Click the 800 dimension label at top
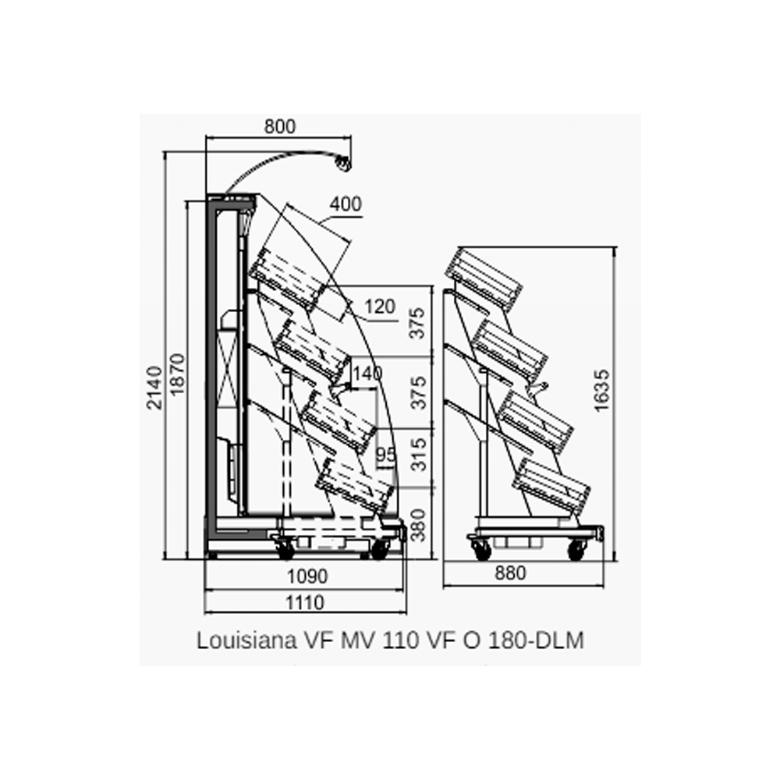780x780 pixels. tap(279, 127)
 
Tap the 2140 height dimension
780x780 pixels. tap(154, 388)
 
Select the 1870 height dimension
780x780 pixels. tap(177, 374)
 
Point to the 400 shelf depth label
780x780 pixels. tap(346, 204)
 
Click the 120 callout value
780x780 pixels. tap(380, 307)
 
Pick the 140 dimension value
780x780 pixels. tap(367, 373)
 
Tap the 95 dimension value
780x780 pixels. tap(385, 454)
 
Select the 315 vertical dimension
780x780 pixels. tap(420, 454)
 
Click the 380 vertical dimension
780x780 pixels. tap(420, 525)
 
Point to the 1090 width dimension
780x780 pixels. tap(307, 576)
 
